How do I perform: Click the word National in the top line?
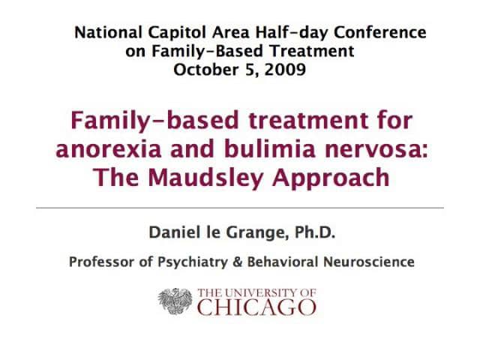(x=103, y=32)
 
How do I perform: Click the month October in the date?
(x=203, y=71)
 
